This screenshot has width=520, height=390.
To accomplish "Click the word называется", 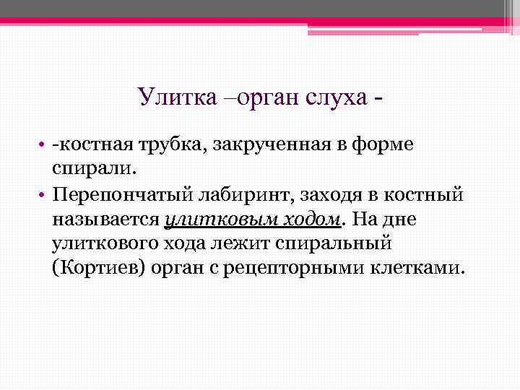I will (105, 219).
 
